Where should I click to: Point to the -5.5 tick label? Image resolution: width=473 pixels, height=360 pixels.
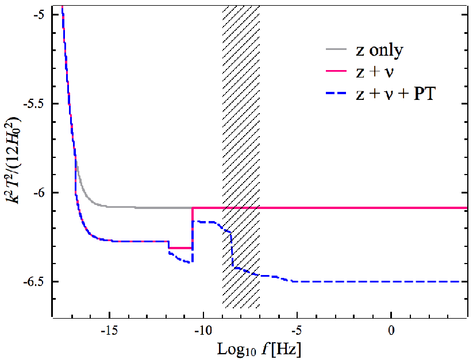pos(34,103)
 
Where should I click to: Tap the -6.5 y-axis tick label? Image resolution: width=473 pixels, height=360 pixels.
pos(34,281)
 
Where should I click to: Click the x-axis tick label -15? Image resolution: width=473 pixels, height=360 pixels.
pos(110,331)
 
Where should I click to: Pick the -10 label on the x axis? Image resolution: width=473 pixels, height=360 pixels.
pos(203,331)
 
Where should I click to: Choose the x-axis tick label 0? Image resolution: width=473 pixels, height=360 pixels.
pos(391,331)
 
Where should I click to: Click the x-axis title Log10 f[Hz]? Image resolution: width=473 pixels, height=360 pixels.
pos(259,350)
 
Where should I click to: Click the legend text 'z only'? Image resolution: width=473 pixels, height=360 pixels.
pos(379,50)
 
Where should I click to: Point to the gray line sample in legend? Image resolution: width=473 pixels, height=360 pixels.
pos(336,48)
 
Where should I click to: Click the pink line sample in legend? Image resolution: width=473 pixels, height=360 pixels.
pos(336,71)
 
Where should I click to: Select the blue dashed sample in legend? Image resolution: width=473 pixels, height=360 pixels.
pos(336,93)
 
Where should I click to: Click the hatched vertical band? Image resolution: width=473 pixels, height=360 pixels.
pos(241,157)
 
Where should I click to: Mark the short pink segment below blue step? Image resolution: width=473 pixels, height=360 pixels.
pos(180,248)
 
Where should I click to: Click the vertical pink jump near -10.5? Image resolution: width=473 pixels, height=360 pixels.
pos(192,227)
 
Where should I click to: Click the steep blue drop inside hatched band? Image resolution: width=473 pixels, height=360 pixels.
pos(232,249)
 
